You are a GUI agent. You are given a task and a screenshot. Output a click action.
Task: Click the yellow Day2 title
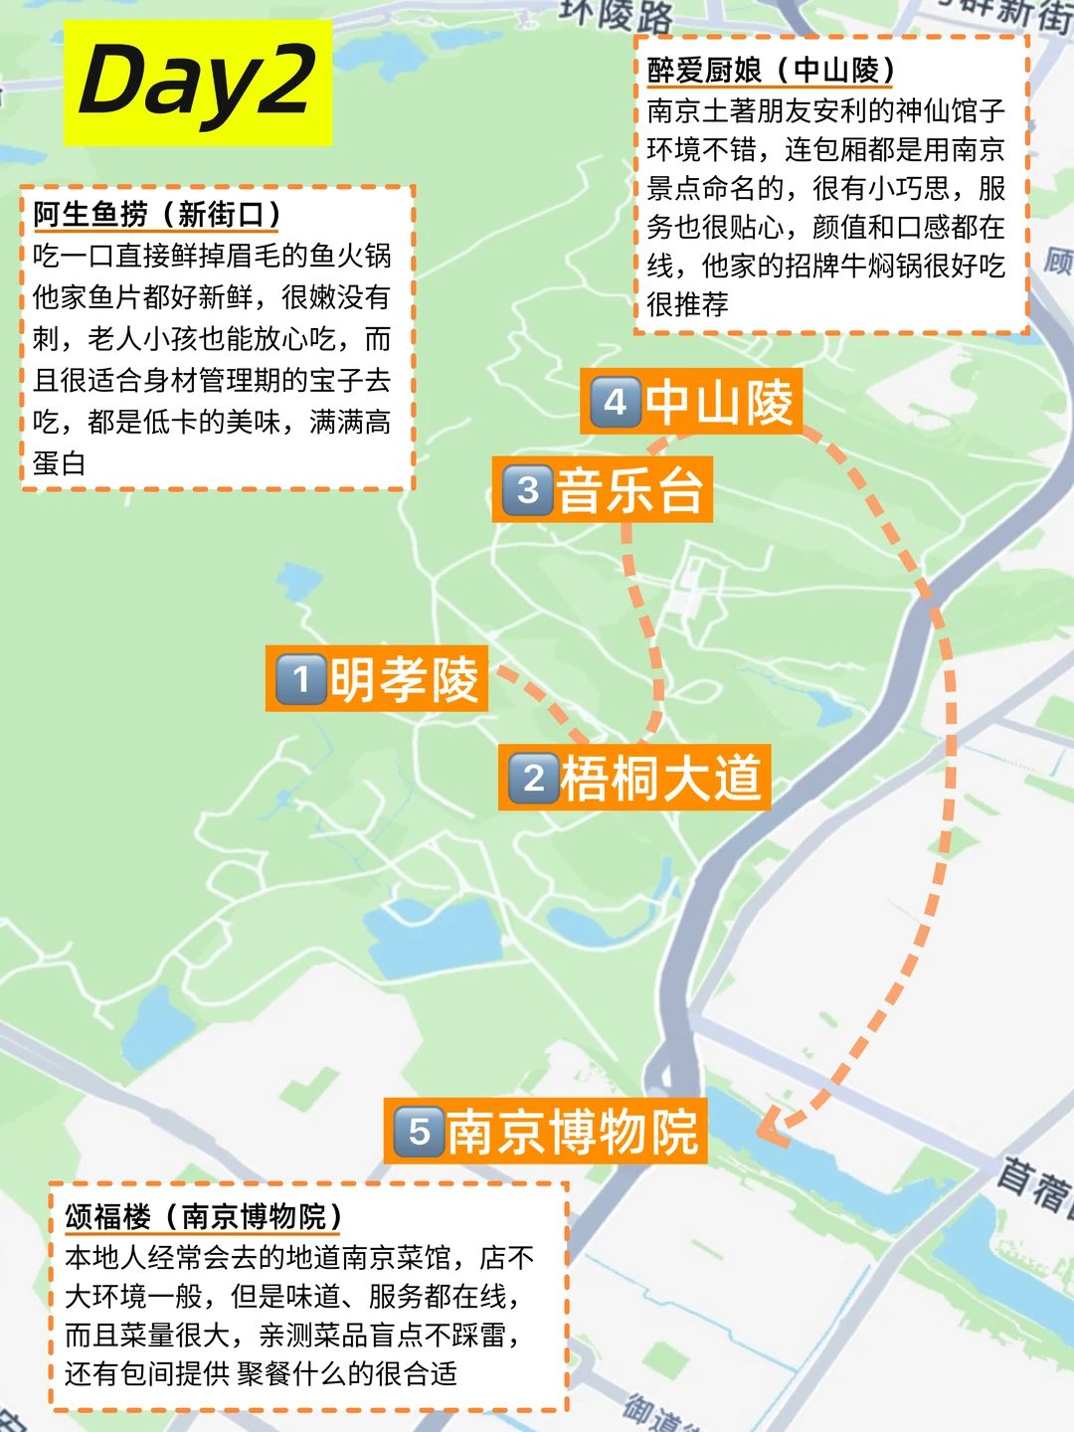tap(197, 82)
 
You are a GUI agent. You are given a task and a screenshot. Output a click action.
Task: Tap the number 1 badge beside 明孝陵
tap(301, 679)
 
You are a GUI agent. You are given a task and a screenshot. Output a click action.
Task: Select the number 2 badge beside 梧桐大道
tap(534, 778)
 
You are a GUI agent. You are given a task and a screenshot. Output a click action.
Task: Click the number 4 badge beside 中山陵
tap(616, 403)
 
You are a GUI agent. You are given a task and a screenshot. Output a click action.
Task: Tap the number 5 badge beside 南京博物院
tap(419, 1131)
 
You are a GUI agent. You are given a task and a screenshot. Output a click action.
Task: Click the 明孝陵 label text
tap(405, 679)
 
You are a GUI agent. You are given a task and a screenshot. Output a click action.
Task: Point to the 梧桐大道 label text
tap(660, 778)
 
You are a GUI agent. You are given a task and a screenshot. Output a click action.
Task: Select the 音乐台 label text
tap(629, 489)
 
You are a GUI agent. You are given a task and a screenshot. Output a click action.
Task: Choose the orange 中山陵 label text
tap(719, 403)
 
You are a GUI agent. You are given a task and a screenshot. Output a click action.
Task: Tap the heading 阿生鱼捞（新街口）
tap(157, 214)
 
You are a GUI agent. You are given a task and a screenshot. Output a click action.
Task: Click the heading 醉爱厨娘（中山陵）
tap(771, 71)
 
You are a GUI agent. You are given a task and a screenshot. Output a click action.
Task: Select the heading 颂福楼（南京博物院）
tap(204, 1216)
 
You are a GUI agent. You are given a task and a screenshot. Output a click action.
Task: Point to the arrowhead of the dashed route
tap(772, 1131)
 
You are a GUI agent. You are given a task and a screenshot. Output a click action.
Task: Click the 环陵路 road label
tap(617, 13)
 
